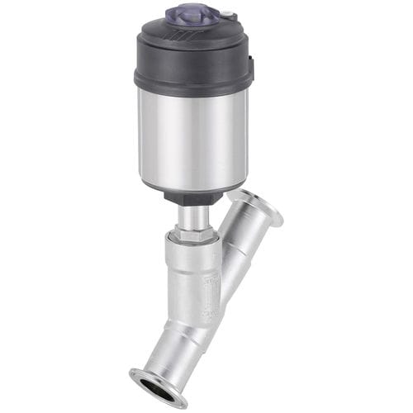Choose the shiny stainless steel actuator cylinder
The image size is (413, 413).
coord(192,136)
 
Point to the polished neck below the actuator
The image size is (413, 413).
coord(193,216)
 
